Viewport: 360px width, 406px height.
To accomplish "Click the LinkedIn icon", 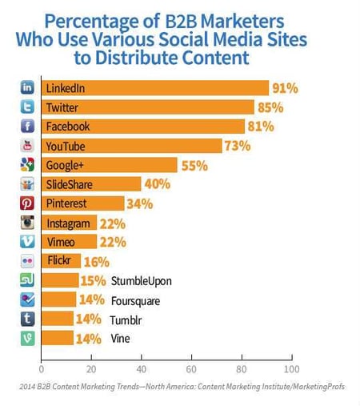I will tap(26, 88).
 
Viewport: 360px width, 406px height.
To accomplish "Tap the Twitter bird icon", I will tap(26, 107).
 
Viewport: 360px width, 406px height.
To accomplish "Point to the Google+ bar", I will tap(109, 165).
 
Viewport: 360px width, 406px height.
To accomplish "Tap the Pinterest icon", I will tap(26, 203).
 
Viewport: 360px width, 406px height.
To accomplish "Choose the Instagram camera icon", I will tap(26, 223).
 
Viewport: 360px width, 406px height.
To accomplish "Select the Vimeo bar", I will tap(69, 242).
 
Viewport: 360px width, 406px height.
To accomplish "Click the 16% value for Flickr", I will tap(96, 261).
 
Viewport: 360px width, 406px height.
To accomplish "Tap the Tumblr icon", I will tap(26, 319).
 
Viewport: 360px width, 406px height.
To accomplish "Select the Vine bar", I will tap(57, 338).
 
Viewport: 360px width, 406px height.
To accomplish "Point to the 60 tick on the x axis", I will tap(191, 369).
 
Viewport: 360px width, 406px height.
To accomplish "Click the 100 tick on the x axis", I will tap(290, 369).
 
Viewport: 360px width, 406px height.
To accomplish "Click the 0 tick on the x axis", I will tap(42, 369).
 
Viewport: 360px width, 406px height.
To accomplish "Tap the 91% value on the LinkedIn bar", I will tap(286, 88).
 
